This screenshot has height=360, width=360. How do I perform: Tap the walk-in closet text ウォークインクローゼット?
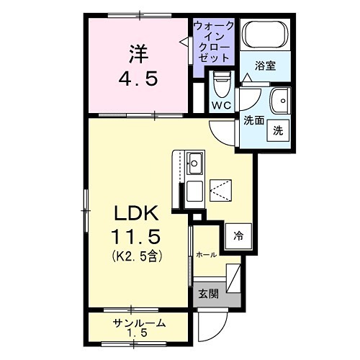pos(213,42)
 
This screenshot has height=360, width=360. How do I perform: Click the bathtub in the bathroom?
pos(265,36)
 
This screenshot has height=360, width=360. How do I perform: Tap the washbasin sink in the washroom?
pos(279,99)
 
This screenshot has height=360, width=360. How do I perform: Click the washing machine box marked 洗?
pos(278,131)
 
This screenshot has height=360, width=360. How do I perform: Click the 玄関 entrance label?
pos(207,294)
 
